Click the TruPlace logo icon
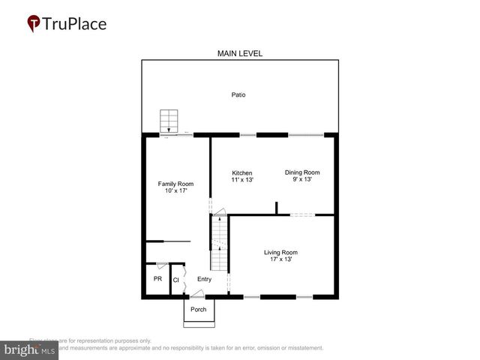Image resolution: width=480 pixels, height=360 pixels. pos(34,23)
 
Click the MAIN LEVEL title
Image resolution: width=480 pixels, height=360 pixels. pos(239,53)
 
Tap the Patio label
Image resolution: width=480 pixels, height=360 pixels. pos(238,95)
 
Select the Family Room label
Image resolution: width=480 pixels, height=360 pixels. pos(175,184)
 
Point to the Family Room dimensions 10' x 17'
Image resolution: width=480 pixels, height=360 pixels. pos(175,191)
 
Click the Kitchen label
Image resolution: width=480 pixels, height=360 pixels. pos(241,173)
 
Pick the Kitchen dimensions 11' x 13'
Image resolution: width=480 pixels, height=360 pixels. pos(241,181)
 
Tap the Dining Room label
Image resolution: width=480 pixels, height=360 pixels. pos(301,172)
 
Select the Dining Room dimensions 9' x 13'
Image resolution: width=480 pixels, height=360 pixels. pos(301,180)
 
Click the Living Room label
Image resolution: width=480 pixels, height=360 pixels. pos(280,252)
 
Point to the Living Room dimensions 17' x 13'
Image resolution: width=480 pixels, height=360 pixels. pos(280,259)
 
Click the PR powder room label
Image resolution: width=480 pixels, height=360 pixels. pos(157,279)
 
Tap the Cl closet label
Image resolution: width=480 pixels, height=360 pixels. pos(176,280)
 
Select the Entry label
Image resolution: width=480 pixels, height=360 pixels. pos(204,279)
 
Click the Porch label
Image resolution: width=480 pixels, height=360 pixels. pos(198,309)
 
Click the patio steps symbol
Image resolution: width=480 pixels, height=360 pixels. pos(170,121)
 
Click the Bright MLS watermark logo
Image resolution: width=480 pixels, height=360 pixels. pos(29,350)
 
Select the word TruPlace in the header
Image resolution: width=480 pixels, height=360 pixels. pos(75,23)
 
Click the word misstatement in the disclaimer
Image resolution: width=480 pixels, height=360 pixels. pos(301,348)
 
